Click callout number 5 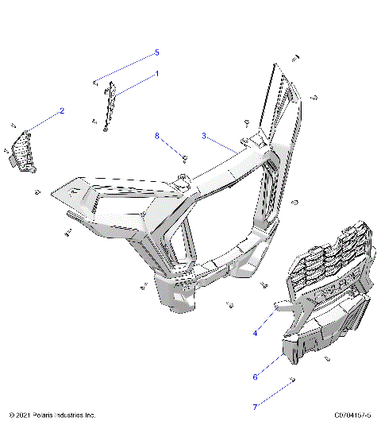tap(156, 52)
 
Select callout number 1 tap(156, 73)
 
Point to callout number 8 tap(158, 136)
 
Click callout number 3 tap(204, 136)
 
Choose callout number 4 tap(255, 334)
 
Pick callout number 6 tap(255, 377)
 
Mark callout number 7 tap(255, 407)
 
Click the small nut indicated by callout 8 tap(183, 157)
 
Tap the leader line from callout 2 tap(44, 120)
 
